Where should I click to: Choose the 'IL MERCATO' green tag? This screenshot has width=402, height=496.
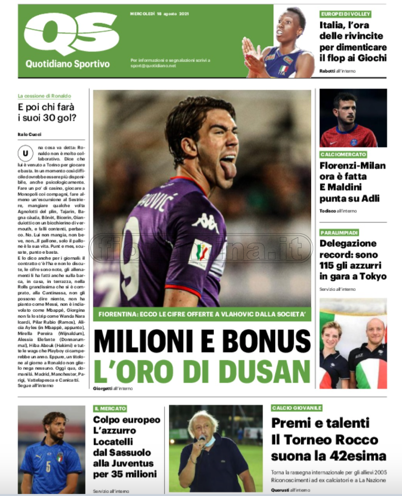click(x=111, y=409)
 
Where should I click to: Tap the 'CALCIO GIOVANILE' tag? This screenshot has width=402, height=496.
click(x=297, y=408)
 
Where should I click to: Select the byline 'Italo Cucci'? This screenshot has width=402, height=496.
click(x=30, y=134)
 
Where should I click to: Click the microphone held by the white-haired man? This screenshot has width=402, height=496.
click(x=201, y=440)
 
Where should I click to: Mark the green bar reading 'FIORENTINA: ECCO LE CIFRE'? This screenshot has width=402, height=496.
click(x=202, y=314)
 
